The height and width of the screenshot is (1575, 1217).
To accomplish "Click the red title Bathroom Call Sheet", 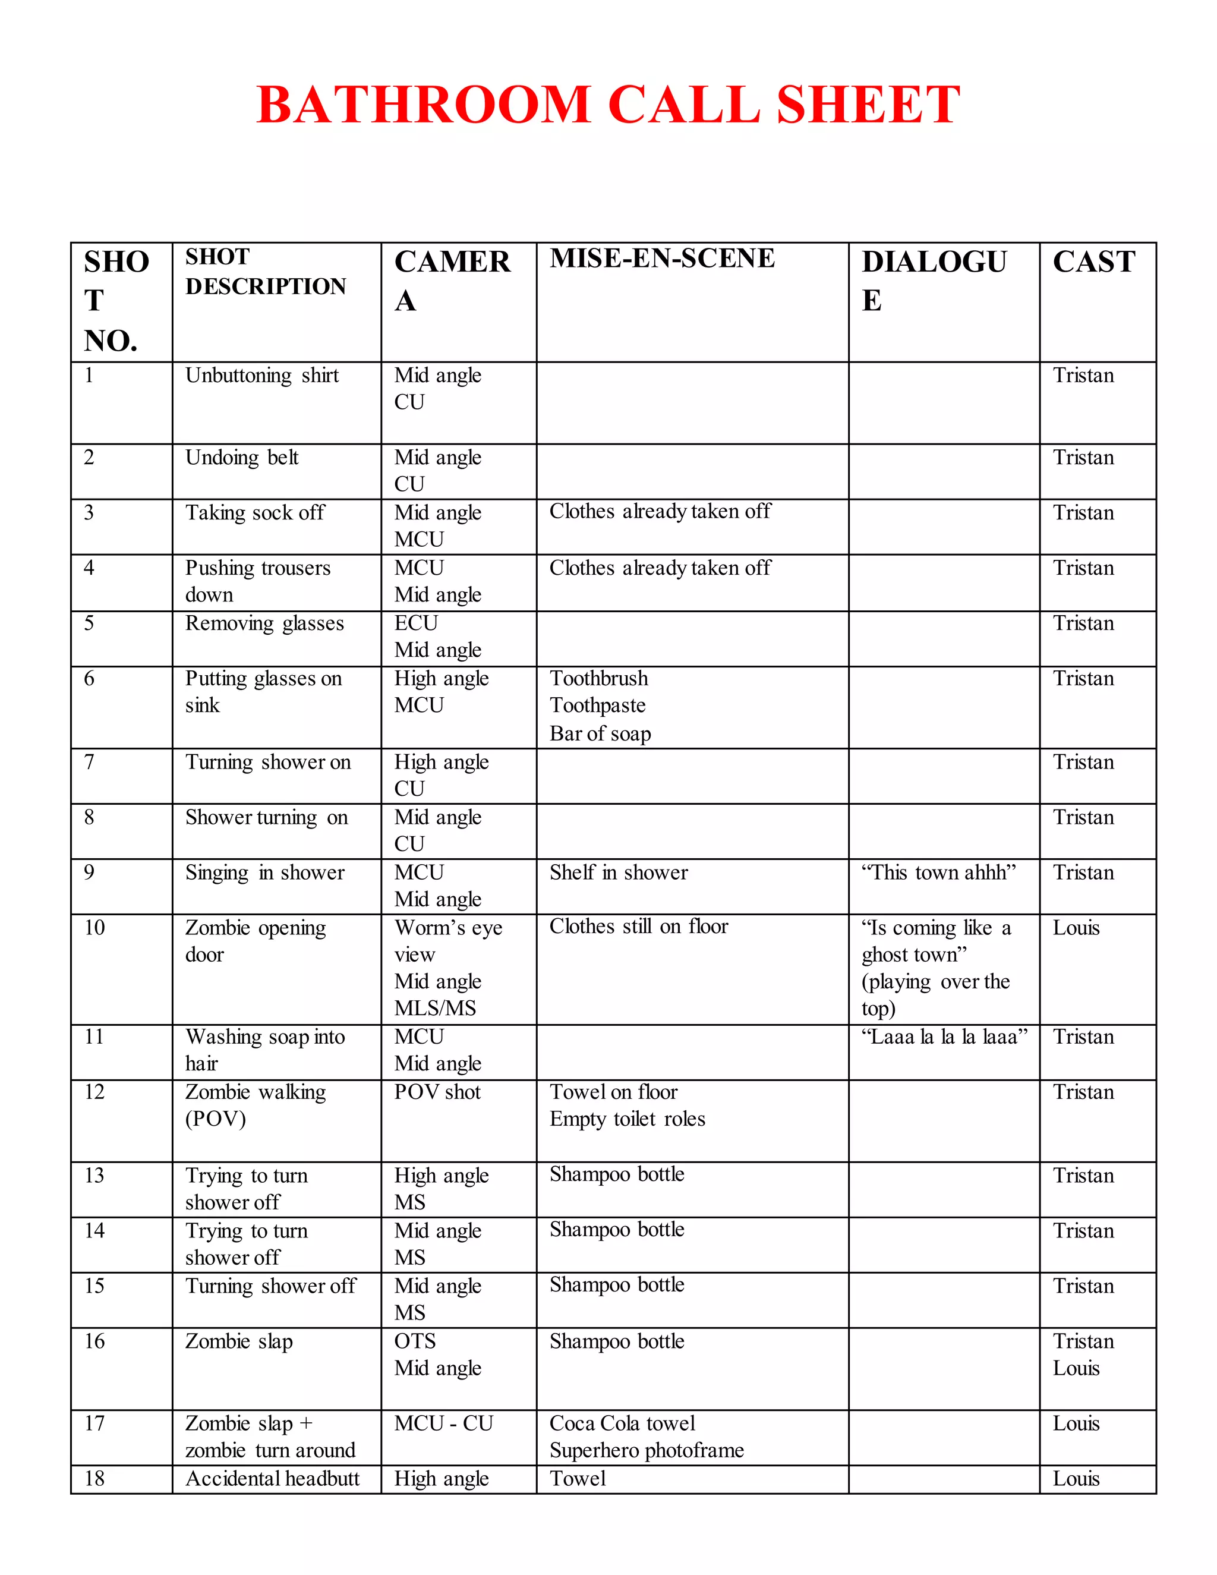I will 608,105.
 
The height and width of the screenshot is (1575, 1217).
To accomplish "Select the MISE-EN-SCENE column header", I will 662,258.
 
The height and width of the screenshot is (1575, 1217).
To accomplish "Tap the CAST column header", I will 1094,261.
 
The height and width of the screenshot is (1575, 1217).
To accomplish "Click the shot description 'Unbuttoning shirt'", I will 261,376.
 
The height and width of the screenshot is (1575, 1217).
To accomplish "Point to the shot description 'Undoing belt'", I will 241,458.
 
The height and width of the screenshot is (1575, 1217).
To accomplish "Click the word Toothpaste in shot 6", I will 598,705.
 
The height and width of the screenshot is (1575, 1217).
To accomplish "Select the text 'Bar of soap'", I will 600,734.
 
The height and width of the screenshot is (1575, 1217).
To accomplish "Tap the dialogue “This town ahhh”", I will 938,872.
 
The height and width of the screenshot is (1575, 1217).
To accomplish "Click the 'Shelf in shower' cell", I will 619,872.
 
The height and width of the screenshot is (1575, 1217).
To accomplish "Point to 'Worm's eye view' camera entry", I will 447,940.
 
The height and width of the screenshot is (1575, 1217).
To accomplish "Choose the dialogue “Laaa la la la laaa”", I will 944,1037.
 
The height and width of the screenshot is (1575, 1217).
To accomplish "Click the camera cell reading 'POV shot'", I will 437,1092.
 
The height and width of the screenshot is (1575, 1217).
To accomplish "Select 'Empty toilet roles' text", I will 628,1119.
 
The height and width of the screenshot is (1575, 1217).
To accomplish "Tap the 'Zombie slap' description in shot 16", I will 239,1341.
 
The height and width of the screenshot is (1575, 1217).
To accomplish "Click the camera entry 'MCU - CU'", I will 443,1423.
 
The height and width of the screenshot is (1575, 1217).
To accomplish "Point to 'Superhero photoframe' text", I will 646,1450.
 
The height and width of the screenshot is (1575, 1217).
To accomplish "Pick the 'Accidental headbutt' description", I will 272,1479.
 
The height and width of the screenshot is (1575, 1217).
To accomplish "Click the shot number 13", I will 94,1176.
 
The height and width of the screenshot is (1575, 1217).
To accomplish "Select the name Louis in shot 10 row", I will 1076,928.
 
